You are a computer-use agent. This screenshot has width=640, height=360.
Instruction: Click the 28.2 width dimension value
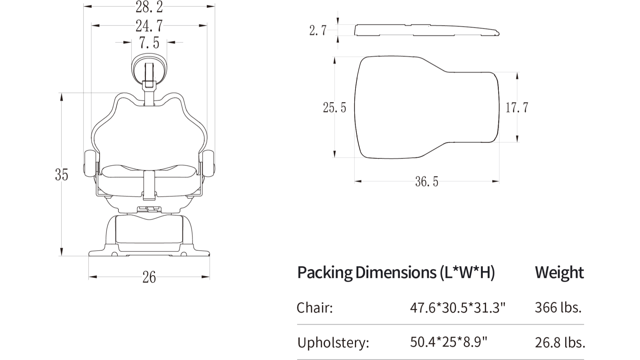149,7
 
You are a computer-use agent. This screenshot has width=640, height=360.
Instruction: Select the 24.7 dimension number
149,26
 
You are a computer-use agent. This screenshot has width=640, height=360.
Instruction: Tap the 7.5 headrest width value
149,43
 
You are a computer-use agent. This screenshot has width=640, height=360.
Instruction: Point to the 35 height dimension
61,175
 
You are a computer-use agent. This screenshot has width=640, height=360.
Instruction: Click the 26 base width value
149,277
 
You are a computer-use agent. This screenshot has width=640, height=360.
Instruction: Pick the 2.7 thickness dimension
318,30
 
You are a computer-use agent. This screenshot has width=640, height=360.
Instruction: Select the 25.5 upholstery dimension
334,108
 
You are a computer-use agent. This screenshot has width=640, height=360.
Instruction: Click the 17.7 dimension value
517,108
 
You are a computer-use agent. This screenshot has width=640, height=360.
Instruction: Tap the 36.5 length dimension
427,182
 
